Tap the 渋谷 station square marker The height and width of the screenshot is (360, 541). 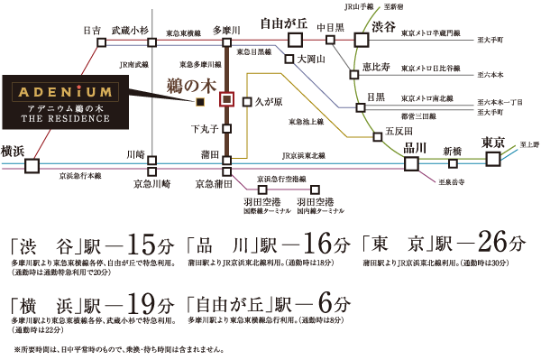[x=362, y=39]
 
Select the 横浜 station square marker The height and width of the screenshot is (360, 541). [x=32, y=165]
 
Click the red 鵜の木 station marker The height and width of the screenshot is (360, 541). [x=227, y=99]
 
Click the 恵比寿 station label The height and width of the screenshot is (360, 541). [x=371, y=67]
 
